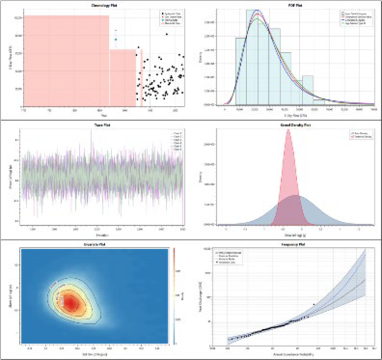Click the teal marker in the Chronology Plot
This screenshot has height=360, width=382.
pos(116,40)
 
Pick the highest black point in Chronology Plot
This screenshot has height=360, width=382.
pos(167,34)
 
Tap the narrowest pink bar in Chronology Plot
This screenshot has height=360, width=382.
pos(141,79)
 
